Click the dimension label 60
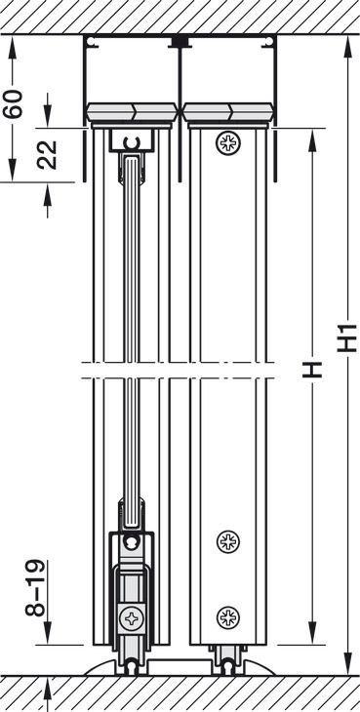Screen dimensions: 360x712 [14, 104]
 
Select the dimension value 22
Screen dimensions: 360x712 [47, 155]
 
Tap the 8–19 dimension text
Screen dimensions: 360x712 [35, 587]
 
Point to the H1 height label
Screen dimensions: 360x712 [347, 337]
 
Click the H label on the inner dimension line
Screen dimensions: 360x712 [312, 370]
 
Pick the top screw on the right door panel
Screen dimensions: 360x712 [228, 143]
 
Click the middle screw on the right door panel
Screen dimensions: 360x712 [228, 541]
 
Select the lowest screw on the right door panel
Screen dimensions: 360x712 [228, 617]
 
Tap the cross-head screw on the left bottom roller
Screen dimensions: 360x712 [131, 618]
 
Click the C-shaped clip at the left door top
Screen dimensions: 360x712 [131, 143]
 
